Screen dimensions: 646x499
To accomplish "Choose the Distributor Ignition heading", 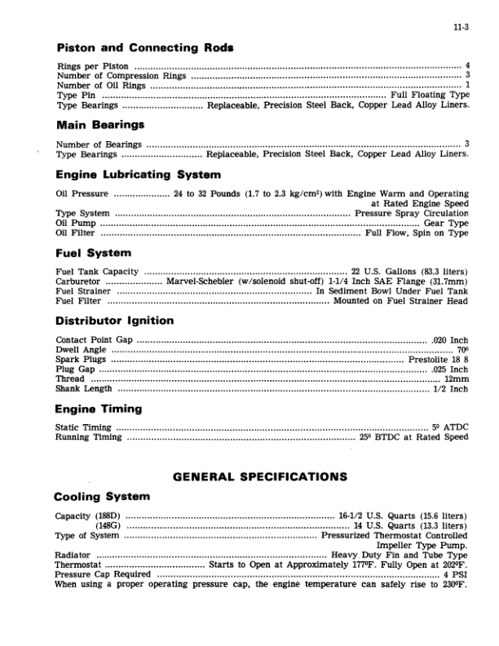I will click(114, 321).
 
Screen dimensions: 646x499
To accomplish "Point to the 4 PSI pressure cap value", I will click(455, 574).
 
